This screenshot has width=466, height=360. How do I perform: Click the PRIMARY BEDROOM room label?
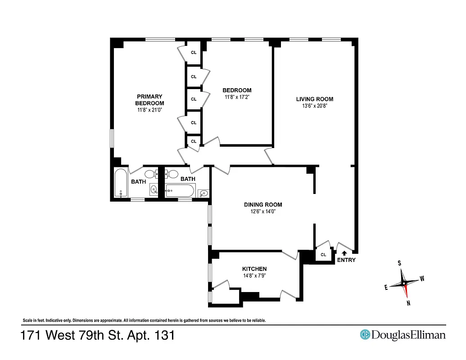pos(149,100)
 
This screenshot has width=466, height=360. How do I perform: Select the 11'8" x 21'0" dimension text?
pos(149,110)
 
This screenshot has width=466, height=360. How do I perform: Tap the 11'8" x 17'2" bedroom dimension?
pos(237,97)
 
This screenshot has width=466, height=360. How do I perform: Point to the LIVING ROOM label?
pos(314,99)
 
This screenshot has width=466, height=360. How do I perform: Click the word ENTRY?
pos(346,260)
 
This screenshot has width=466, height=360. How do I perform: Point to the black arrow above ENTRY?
pos(345,253)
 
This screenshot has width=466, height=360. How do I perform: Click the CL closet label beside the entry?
pos(323,255)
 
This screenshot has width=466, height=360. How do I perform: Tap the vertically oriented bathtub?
pos(121,183)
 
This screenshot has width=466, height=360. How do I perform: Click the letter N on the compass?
pos(408,303)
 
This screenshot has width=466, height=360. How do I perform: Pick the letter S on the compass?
pos(399,263)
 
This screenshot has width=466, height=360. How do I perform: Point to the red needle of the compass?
pos(407,291)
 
